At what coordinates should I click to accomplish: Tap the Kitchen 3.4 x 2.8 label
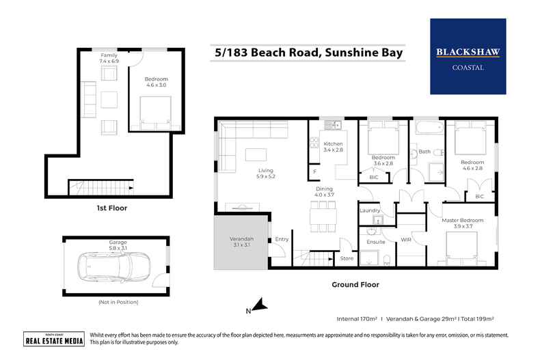[x=333, y=146]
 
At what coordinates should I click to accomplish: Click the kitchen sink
[x=333, y=124]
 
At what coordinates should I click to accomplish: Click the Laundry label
[x=369, y=211]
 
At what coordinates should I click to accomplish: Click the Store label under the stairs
[x=347, y=258]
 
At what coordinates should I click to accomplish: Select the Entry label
[x=282, y=239]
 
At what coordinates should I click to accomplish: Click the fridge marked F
[x=314, y=172]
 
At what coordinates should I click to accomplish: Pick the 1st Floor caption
[x=113, y=207]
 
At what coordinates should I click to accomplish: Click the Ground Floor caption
[x=355, y=284]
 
